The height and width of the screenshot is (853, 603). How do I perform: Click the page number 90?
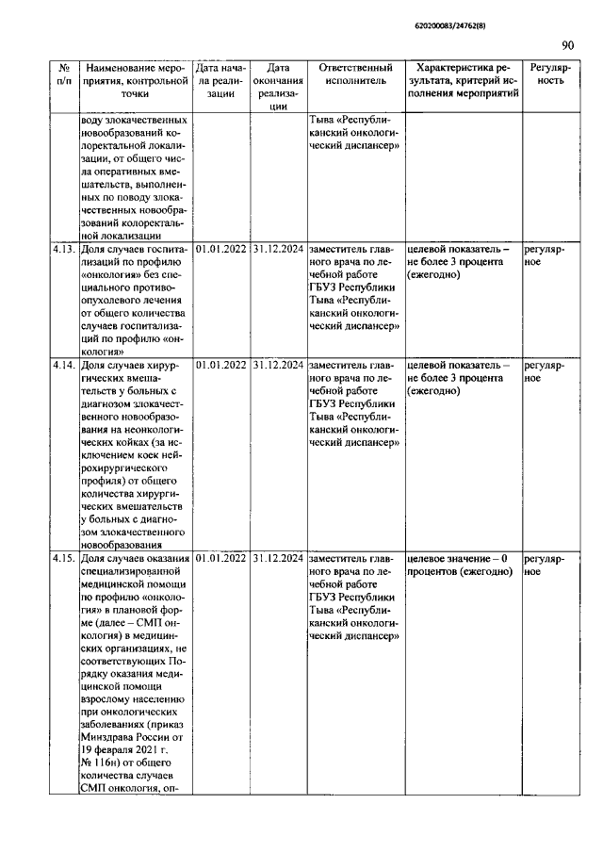(x=567, y=43)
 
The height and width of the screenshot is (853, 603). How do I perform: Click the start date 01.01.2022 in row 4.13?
(x=221, y=249)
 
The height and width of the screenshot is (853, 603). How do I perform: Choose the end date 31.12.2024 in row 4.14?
(x=278, y=364)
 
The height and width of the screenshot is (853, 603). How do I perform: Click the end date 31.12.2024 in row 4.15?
(x=278, y=558)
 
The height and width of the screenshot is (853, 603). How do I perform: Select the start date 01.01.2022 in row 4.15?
(x=221, y=558)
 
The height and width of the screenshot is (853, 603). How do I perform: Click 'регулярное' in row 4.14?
(x=544, y=370)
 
